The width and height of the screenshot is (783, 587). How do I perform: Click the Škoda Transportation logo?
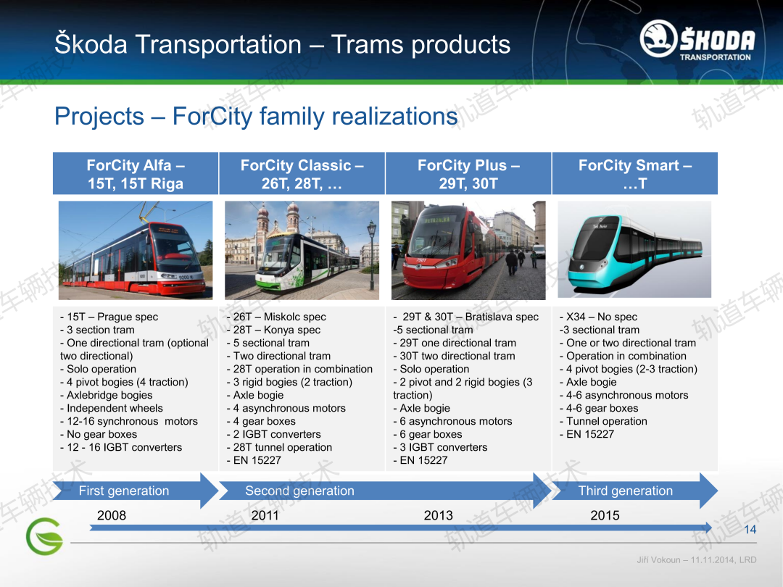(x=697, y=39)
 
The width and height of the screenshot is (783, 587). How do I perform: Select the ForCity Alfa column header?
(x=136, y=173)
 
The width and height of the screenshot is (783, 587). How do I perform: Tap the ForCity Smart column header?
(x=634, y=173)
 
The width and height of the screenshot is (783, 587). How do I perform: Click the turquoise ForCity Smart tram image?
(x=634, y=249)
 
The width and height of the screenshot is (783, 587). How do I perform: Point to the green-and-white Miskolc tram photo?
(x=302, y=250)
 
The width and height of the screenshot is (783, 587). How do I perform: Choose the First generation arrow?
(x=136, y=491)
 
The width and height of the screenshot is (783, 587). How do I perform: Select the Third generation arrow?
(x=634, y=491)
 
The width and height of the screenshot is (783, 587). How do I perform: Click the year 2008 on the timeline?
(x=112, y=515)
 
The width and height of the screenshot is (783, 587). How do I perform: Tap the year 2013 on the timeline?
(x=438, y=515)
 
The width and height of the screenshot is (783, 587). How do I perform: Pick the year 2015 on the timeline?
(x=605, y=515)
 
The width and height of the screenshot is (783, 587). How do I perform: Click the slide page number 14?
(x=750, y=530)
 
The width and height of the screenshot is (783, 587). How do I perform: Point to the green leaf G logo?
(x=44, y=536)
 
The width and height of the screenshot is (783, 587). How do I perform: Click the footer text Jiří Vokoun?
(x=658, y=560)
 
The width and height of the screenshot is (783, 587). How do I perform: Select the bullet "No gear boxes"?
(x=99, y=434)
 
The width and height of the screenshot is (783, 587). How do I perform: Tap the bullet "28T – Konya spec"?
(x=273, y=330)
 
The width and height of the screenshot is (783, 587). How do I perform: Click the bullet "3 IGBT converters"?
(x=440, y=447)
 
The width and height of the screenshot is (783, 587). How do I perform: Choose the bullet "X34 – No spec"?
(x=598, y=317)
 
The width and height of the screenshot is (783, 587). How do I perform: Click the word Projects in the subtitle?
(x=99, y=116)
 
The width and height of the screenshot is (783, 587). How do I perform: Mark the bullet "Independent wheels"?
(x=112, y=408)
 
